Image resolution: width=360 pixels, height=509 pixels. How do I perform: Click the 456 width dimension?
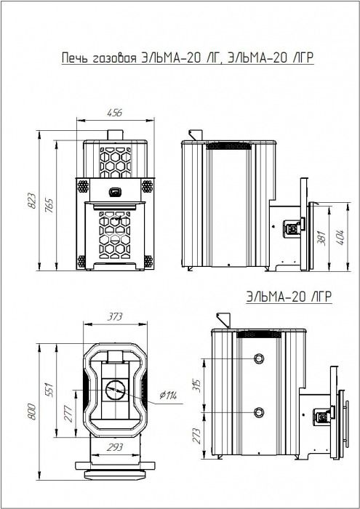[115, 113]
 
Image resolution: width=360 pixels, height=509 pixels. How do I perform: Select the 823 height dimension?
[33, 201]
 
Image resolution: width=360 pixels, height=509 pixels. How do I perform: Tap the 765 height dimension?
[49, 205]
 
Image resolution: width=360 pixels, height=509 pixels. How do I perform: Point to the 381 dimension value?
[321, 238]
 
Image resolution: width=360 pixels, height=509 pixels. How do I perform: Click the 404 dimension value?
[340, 237]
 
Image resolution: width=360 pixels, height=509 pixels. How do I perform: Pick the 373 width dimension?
[115, 316]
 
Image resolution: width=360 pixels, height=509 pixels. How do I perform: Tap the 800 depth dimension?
[33, 412]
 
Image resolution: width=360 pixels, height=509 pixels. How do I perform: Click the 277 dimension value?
[68, 414]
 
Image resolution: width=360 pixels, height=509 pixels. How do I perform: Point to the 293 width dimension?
[115, 447]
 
